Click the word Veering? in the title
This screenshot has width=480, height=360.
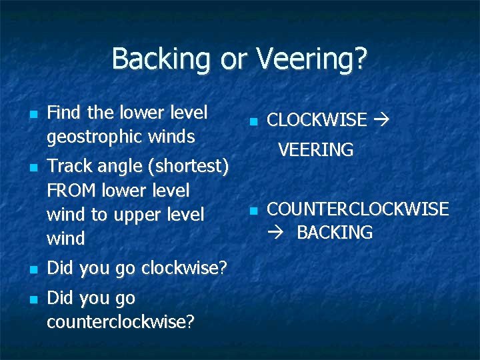pos(312,59)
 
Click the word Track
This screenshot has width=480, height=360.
pos(69,165)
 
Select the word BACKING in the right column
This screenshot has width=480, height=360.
pos(334,233)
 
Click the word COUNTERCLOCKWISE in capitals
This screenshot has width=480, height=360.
pos(357,209)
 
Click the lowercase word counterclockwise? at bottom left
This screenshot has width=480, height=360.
pos(121,322)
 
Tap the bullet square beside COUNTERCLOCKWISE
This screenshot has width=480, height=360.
pos(253,211)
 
